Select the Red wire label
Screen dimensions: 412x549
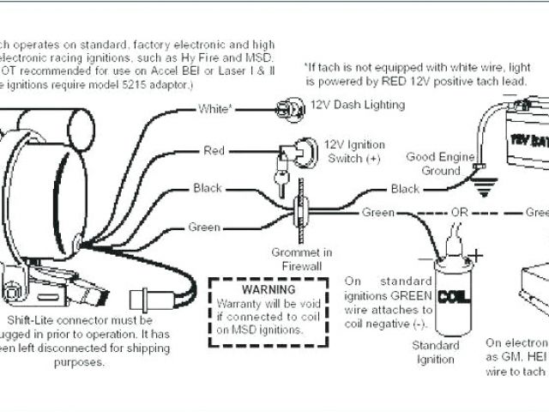214,151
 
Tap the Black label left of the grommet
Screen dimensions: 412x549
208,188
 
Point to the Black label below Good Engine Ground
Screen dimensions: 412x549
406,189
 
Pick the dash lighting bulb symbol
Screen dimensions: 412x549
287,108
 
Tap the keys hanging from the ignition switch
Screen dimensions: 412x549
279,177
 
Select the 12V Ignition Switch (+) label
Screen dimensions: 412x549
354,151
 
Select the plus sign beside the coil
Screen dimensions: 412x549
477,254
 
